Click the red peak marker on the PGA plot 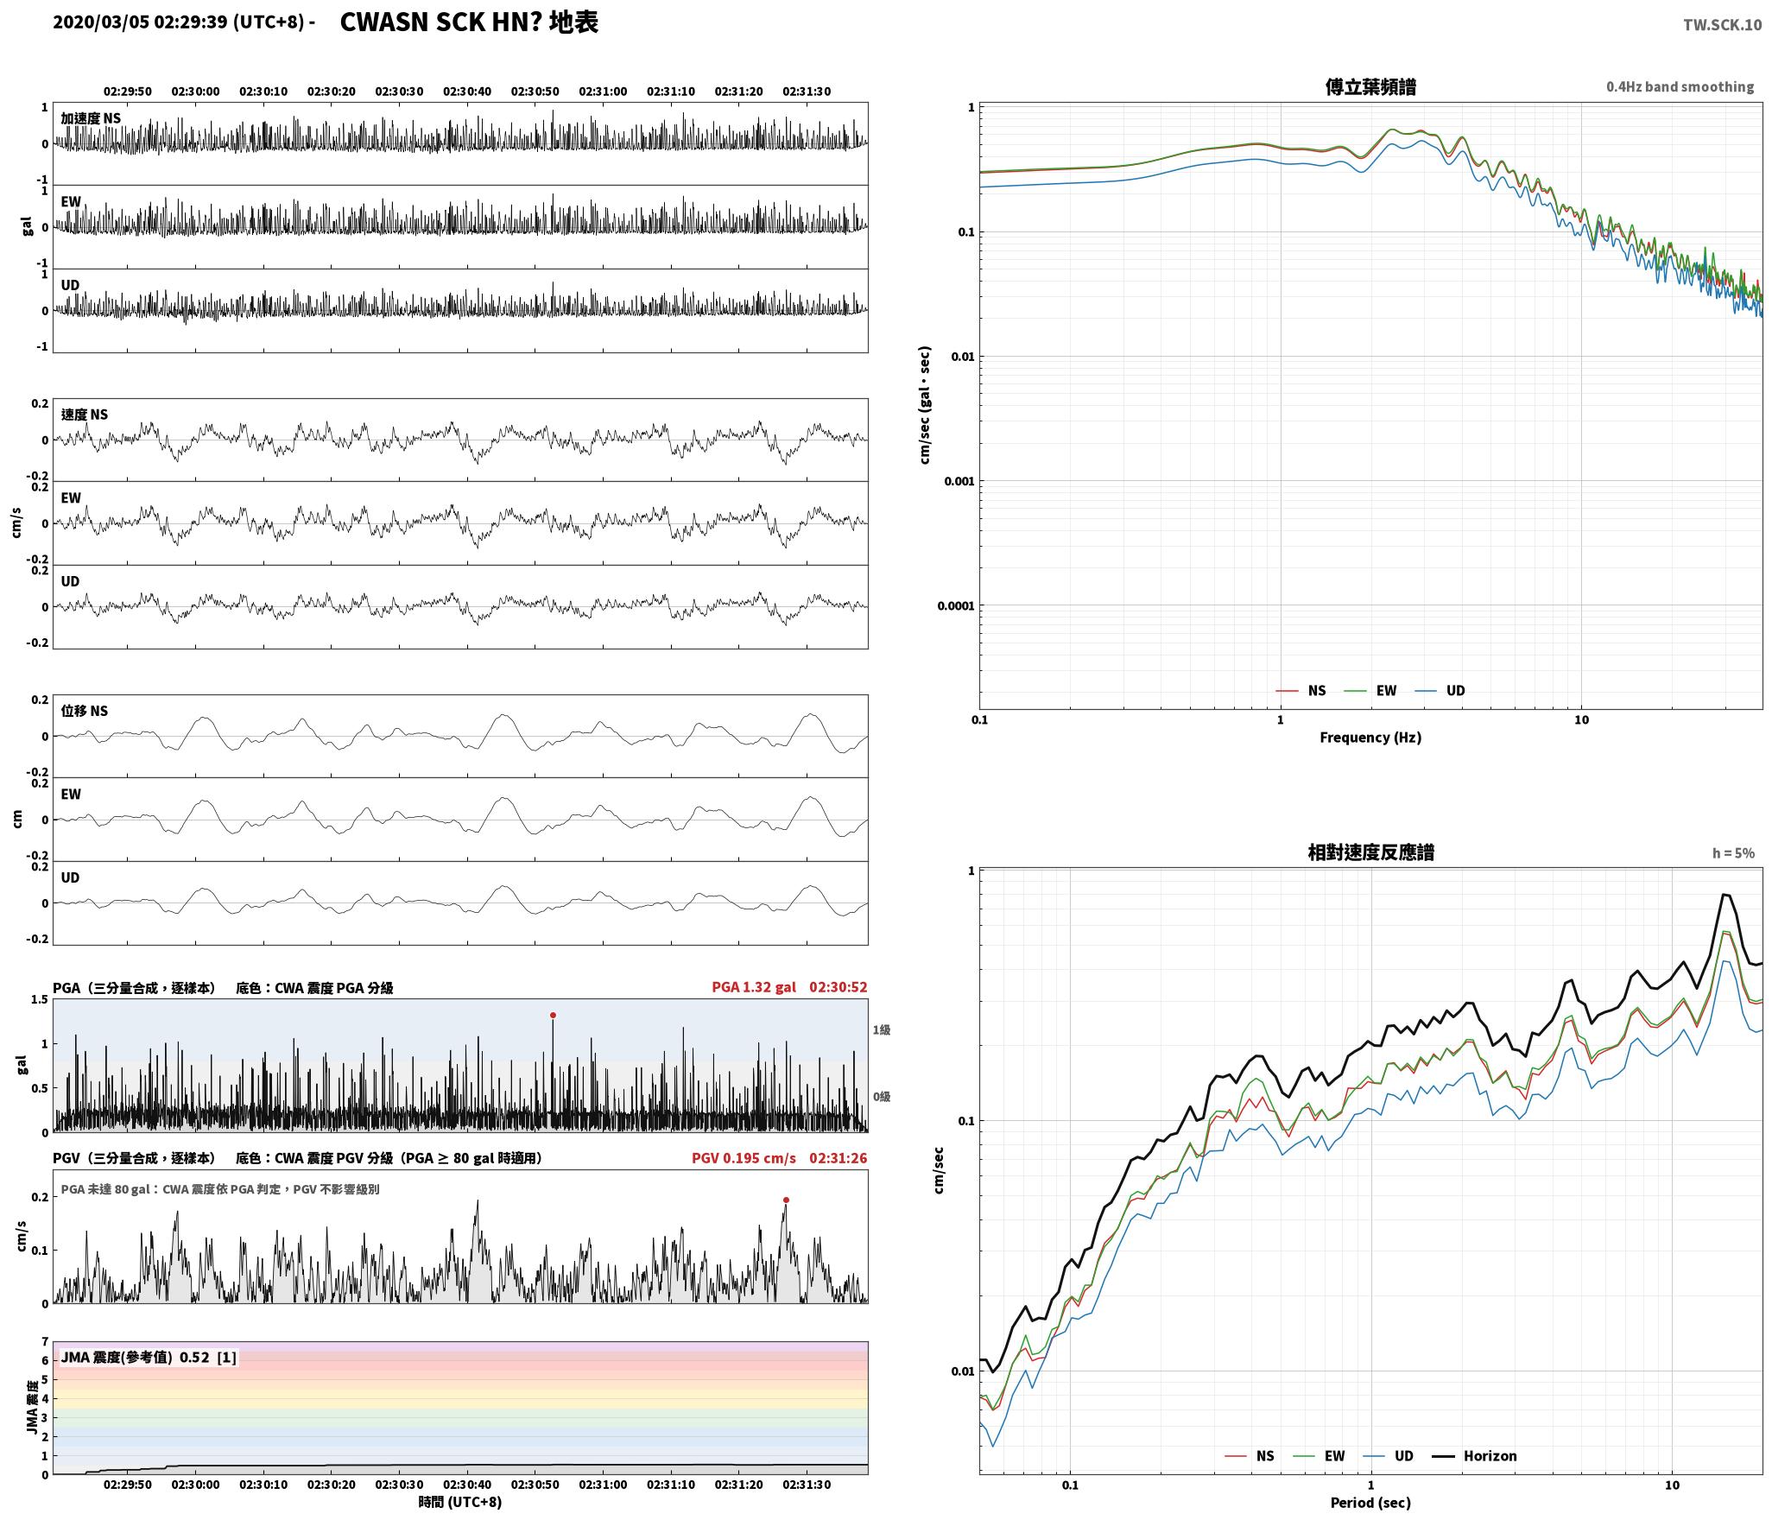(x=553, y=1016)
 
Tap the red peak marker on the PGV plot (x=786, y=1200)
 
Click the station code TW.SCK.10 (x=1722, y=25)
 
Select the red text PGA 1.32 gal (x=754, y=987)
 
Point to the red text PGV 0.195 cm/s (x=744, y=1158)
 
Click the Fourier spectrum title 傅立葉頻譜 (x=1370, y=87)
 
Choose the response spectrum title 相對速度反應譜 (x=1370, y=852)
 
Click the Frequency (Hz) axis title (x=1370, y=738)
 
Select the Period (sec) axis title (x=1370, y=1503)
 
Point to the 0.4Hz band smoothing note (x=1680, y=87)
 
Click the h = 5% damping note (x=1733, y=853)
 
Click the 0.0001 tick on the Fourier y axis (x=955, y=606)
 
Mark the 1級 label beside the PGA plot (x=881, y=1029)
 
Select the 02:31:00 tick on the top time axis (x=603, y=92)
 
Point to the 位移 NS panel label (x=85, y=712)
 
